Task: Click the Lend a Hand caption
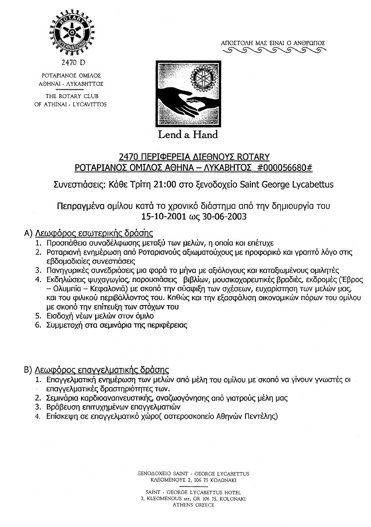coord(187,134)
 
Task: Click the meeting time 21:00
coord(149,185)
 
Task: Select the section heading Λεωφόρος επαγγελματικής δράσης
coord(102,369)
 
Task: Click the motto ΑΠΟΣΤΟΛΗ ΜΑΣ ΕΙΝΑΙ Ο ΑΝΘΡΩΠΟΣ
coord(273,43)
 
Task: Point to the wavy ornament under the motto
coord(273,50)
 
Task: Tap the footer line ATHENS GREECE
coord(193,505)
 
